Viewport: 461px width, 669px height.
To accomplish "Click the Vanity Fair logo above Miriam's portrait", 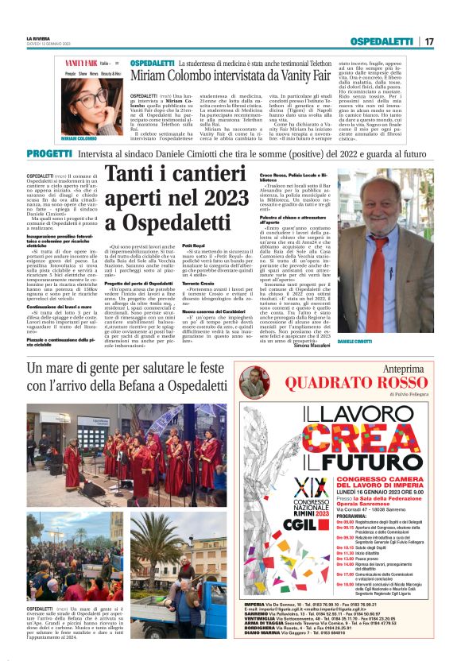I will [80, 63].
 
